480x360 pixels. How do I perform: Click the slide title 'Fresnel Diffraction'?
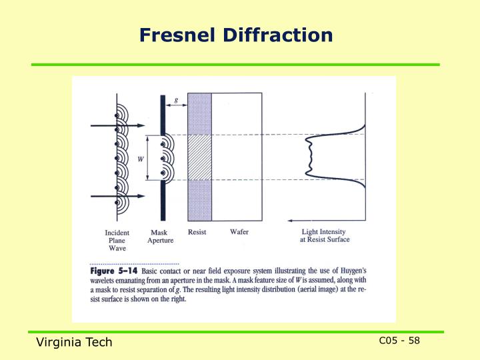click(236, 35)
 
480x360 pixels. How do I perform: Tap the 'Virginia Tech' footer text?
click(74, 342)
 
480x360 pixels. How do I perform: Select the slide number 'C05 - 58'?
click(399, 341)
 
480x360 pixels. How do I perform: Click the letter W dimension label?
click(140, 159)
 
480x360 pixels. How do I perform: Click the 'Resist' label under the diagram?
click(197, 232)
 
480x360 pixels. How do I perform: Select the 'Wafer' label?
click(239, 232)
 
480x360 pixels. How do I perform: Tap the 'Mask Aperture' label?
click(160, 237)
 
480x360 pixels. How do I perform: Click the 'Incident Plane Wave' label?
click(117, 241)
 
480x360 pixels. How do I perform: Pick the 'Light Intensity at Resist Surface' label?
click(324, 236)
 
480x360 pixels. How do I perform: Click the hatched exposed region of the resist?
click(199, 157)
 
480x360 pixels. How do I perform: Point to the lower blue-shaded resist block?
click(199, 200)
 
